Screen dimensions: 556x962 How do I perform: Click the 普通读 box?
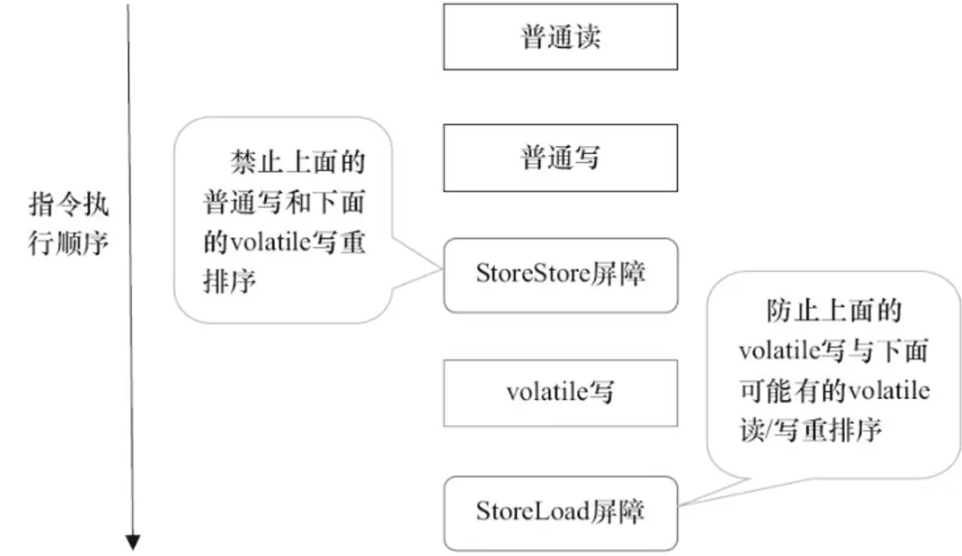[x=560, y=37]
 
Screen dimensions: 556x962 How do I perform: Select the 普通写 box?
[x=560, y=157]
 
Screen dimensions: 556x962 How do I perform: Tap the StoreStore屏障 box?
[x=560, y=275]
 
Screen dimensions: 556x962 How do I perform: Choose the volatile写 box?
[x=560, y=392]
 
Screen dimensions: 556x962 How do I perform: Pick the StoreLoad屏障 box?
[x=560, y=511]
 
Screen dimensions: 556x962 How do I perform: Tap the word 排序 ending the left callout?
[x=229, y=281]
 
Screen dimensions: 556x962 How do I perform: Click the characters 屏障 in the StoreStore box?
[x=618, y=275]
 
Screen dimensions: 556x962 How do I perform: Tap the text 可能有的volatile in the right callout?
[x=835, y=391]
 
